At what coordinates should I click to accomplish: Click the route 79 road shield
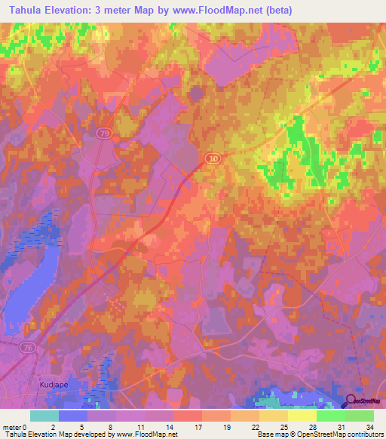coord(104,132)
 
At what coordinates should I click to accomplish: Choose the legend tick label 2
coord(53,426)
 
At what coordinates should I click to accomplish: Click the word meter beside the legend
coord(13,426)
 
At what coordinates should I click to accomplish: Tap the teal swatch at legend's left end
coord(44,416)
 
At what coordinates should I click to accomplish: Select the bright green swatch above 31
coord(331,416)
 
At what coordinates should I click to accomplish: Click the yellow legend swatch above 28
coord(302,416)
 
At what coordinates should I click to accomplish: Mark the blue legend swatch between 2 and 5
coord(73,416)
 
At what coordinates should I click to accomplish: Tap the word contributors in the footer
coord(360,434)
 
